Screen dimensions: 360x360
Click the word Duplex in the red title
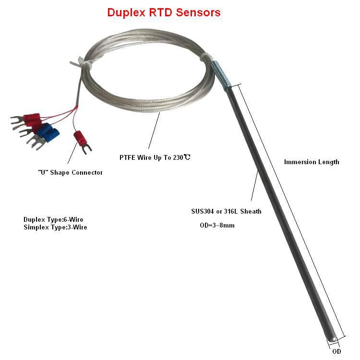pos(127,12)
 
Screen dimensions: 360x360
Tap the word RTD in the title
pos(162,12)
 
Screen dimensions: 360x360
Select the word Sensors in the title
pos(199,12)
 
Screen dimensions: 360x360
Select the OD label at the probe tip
pos(337,351)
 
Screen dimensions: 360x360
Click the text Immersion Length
pos(312,162)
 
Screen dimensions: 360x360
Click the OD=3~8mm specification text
pos(217,225)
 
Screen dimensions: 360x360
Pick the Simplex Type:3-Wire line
pos(55,227)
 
